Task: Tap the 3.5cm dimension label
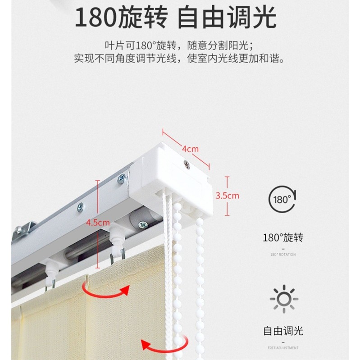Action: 227,196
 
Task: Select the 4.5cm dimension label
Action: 98,222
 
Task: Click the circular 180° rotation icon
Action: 282,199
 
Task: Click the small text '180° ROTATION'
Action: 283,255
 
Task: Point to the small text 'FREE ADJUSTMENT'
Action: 283,348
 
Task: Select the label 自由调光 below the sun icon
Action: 283,331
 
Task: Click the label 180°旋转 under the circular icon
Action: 283,237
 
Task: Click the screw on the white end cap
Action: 187,165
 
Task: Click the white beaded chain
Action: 199,279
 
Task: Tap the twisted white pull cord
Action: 169,270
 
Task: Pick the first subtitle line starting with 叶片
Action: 180,46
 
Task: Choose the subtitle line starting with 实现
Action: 180,59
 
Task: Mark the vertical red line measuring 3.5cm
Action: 228,196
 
